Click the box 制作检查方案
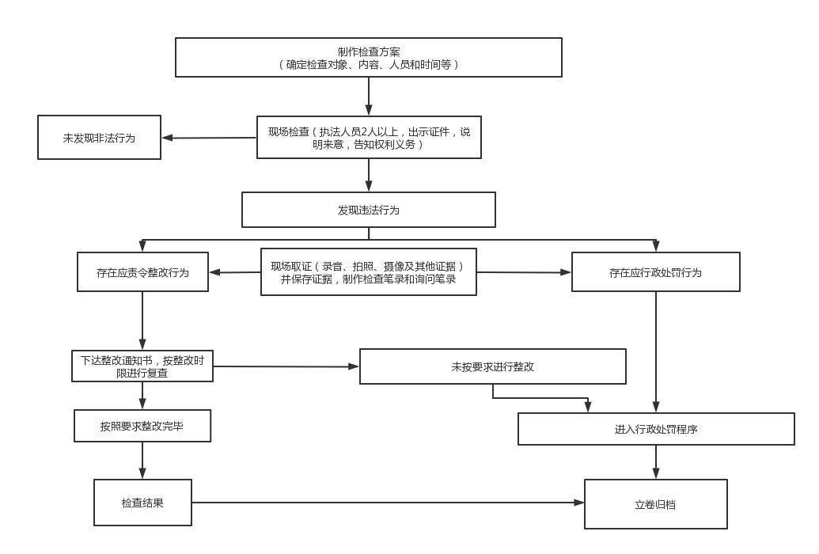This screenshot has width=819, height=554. pos(368,58)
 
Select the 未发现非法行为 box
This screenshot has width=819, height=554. pos(99,138)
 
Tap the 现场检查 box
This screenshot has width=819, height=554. pos(369,138)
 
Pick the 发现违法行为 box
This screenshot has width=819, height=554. pos(368,210)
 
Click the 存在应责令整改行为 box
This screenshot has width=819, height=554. pos(142,271)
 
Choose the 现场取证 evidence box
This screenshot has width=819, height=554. pos(368,271)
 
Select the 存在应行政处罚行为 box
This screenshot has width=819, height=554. pos(655,271)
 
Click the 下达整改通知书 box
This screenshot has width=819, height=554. pos(142,366)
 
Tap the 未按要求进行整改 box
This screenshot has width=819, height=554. pos(492,366)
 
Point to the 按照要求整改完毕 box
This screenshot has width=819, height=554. pos(142,426)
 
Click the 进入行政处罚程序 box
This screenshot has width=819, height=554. pos(656,429)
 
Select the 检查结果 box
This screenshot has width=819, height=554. pos(142,503)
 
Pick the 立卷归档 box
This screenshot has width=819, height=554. pos(655,504)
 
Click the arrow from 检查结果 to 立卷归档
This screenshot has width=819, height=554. pos(388,503)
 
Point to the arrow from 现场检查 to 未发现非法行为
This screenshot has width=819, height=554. pos(209,138)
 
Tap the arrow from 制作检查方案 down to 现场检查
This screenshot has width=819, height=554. pos(369,97)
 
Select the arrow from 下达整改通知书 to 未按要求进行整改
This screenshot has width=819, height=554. pos(286,366)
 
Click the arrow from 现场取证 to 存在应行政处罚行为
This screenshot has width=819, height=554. pos(524,271)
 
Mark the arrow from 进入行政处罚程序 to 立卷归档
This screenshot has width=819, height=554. pos(656,462)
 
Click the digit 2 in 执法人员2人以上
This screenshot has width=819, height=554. pos(364,131)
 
